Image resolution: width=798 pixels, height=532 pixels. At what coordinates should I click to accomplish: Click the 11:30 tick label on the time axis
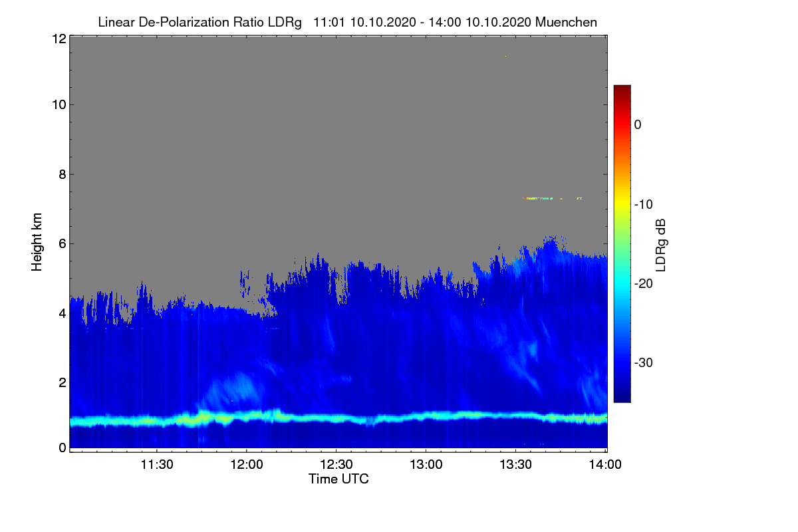tap(157, 465)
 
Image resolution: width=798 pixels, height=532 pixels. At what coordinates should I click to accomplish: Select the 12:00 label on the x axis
tap(247, 465)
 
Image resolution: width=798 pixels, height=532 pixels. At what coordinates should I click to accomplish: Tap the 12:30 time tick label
tap(336, 465)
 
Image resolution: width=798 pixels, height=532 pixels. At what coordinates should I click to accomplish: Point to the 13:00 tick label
tap(426, 465)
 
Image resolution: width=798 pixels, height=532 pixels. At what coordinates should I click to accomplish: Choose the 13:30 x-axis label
tap(515, 465)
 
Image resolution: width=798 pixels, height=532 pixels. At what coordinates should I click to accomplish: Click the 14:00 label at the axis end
tap(605, 465)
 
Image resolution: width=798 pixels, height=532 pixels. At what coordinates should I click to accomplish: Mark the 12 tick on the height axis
tap(59, 39)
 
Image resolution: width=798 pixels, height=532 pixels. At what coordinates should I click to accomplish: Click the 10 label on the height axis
tap(59, 105)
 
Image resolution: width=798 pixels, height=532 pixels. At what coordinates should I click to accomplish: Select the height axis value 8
tap(63, 175)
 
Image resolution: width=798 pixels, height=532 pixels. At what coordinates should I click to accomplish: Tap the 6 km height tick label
tap(63, 244)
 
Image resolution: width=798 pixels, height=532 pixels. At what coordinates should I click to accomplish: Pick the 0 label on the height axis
tap(63, 448)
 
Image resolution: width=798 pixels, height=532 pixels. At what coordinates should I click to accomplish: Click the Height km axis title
tap(37, 242)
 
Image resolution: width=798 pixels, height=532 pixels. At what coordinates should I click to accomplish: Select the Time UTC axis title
tap(338, 479)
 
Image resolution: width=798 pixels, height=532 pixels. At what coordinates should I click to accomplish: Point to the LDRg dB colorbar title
tap(660, 245)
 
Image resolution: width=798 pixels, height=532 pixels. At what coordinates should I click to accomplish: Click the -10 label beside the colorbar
tap(644, 205)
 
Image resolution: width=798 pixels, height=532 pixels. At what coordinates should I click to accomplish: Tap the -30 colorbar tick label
tap(644, 362)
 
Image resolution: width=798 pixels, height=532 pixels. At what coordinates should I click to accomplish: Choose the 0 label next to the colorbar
tap(638, 125)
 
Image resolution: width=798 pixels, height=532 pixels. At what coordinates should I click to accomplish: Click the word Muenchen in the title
tap(566, 22)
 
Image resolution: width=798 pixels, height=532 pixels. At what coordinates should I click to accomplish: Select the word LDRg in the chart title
tap(285, 23)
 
